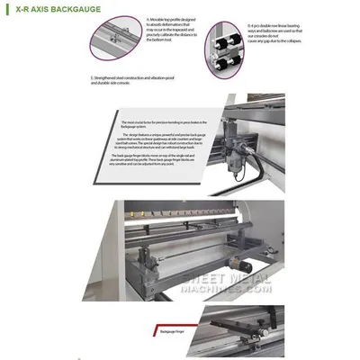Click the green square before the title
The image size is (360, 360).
(x=9, y=10)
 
